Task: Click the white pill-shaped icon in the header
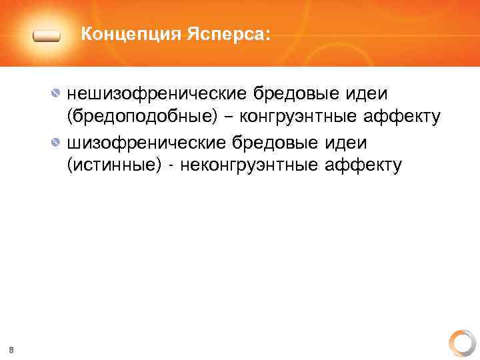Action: [47, 35]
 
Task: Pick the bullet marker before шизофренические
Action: [58, 142]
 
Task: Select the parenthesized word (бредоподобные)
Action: [142, 118]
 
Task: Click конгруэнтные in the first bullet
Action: [303, 118]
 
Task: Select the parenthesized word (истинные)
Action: [113, 166]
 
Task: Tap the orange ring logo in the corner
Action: [461, 342]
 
